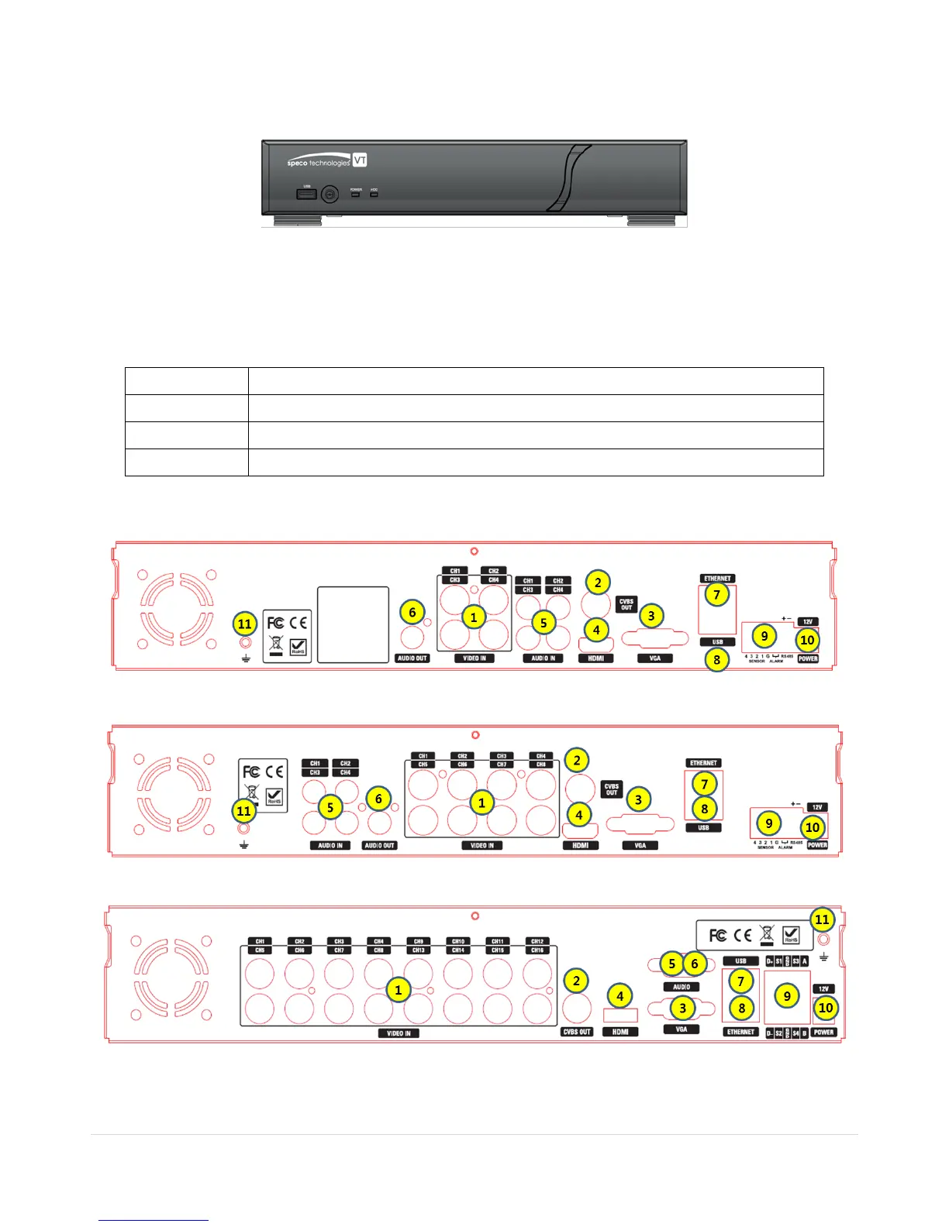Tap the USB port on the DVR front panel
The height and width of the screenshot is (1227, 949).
click(307, 194)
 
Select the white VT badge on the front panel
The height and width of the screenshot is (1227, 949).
click(360, 160)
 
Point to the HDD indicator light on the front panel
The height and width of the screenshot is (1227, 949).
click(374, 194)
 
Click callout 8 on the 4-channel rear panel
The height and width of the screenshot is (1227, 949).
click(717, 659)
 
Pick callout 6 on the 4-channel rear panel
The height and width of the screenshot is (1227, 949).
click(412, 612)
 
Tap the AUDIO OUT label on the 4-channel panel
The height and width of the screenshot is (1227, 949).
click(412, 658)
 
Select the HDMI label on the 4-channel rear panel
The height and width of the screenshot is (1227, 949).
click(595, 658)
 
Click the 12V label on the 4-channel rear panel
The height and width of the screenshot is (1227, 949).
click(807, 621)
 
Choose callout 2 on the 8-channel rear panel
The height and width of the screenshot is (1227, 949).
click(577, 760)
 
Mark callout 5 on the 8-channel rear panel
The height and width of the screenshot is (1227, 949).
click(330, 806)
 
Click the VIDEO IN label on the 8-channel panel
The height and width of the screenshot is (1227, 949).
click(482, 845)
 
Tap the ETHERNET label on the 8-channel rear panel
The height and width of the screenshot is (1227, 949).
click(704, 763)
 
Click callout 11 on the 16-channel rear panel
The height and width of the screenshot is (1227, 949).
click(822, 919)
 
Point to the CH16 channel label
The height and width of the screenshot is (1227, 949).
click(537, 950)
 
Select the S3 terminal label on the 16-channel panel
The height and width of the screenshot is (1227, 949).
click(795, 961)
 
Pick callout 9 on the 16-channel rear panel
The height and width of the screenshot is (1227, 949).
click(787, 996)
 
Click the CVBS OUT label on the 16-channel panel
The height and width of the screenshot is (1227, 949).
click(577, 1032)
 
